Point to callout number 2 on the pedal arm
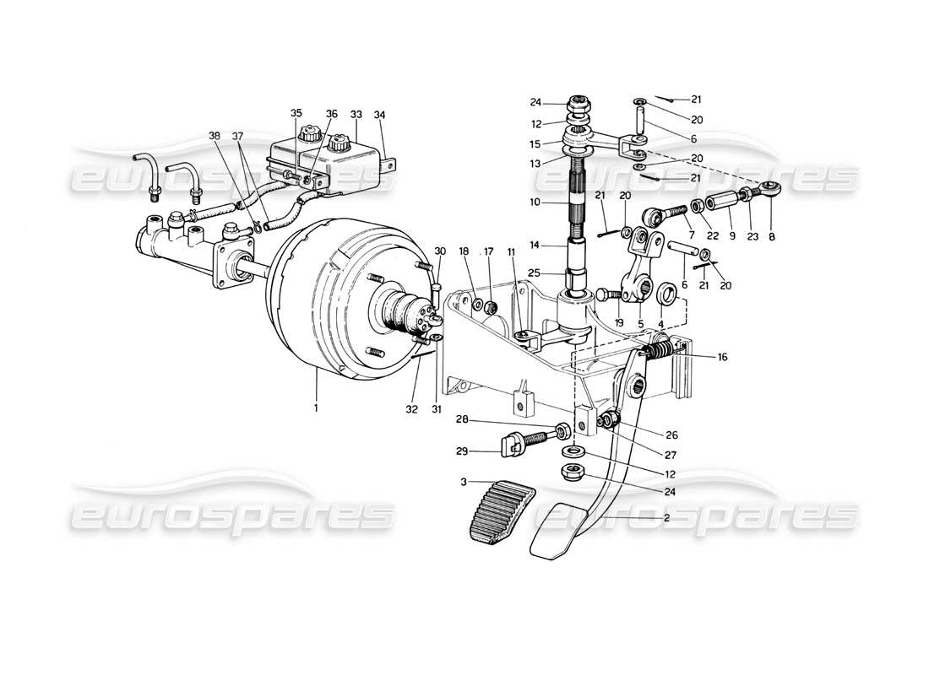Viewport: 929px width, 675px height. coord(666,517)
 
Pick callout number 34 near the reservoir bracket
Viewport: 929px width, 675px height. coord(379,113)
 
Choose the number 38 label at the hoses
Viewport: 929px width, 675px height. coord(215,136)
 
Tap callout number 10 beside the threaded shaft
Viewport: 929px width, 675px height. coord(535,203)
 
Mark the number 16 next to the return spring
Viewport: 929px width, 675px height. coord(723,357)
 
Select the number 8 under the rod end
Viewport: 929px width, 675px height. coord(772,237)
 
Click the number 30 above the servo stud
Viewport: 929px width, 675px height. coord(440,251)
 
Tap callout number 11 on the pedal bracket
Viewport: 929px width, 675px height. coord(512,252)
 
